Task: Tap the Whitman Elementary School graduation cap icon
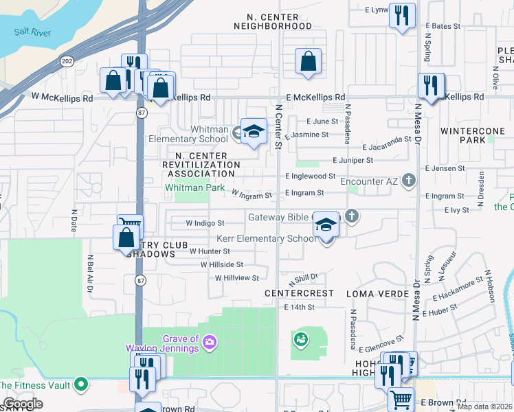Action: tap(254, 130)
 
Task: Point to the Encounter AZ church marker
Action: tap(409, 181)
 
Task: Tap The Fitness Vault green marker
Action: tap(81, 383)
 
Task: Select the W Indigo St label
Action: tap(205, 223)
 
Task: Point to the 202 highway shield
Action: tap(67, 61)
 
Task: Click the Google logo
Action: tap(23, 404)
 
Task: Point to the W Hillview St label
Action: tap(236, 278)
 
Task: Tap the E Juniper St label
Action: tap(352, 160)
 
